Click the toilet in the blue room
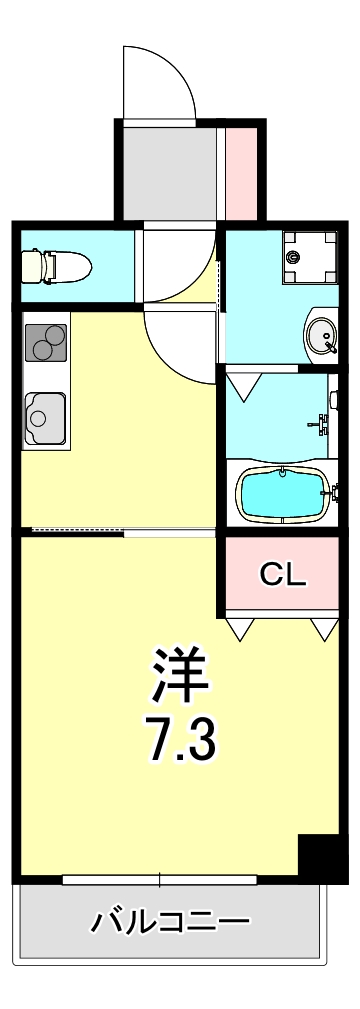[x=56, y=266]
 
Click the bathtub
[x=284, y=491]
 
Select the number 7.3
[x=182, y=739]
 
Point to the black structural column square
[x=322, y=857]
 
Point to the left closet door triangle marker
[x=240, y=628]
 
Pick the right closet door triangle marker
[x=322, y=628]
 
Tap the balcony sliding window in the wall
[x=160, y=880]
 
